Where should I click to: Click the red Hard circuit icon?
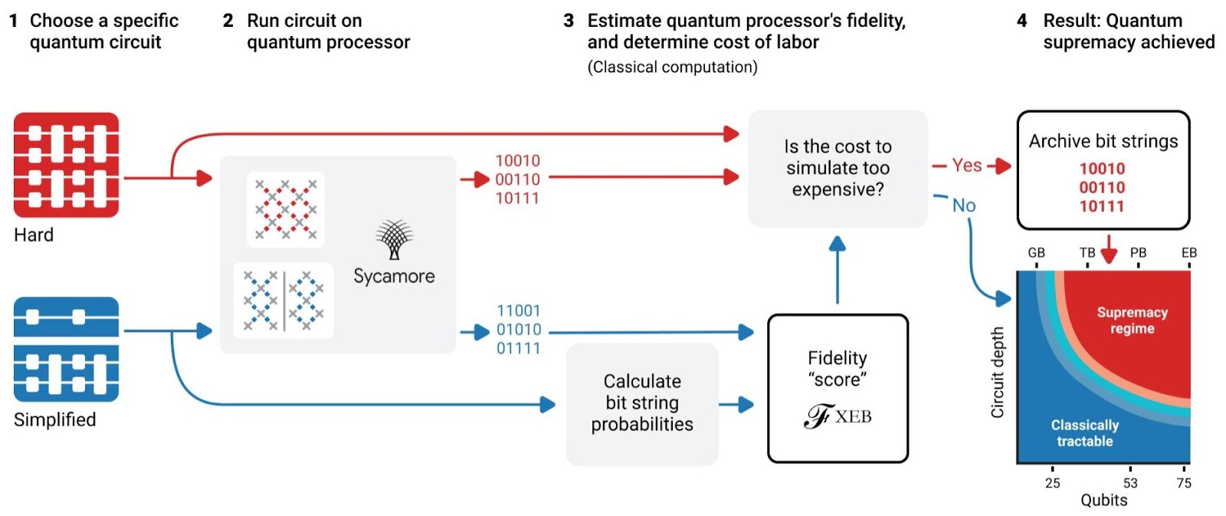coord(67,165)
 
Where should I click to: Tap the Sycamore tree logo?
coord(394,240)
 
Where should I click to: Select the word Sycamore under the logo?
coord(394,276)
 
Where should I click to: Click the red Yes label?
coord(967,165)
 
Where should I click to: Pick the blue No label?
coord(964,205)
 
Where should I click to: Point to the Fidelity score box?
coord(838,388)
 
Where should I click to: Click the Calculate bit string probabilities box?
coord(642,403)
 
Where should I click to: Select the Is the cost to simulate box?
coord(838,168)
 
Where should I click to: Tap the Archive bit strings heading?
coord(1103,141)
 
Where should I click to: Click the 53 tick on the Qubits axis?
coord(1130,482)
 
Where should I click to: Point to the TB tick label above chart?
coord(1087,252)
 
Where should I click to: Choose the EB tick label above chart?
coord(1189,252)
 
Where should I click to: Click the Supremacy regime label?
coord(1132,320)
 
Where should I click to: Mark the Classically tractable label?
coord(1084,433)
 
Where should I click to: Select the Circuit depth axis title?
coord(997,373)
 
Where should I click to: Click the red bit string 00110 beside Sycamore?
coord(517,179)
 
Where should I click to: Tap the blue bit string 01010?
coord(519,330)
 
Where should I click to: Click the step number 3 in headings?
coord(569,21)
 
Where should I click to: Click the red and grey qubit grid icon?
coord(286,209)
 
